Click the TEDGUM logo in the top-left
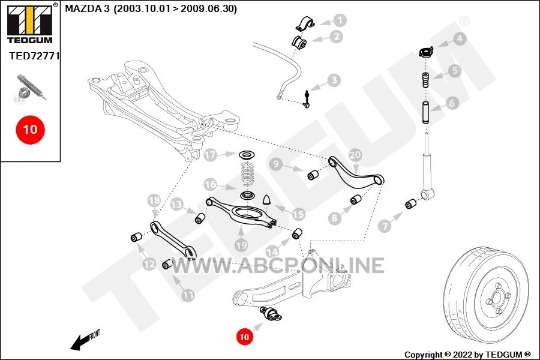point(30,24)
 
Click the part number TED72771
point(34,56)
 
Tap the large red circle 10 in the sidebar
point(31,130)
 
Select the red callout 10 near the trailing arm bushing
point(244,336)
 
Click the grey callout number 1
point(340,20)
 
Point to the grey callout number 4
point(459,39)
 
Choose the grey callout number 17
point(210,155)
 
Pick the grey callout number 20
point(355,155)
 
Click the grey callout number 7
point(385,226)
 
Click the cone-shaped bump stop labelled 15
point(268,200)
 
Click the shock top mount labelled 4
point(426,53)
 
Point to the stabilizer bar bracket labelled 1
point(305,23)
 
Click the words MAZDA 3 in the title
point(88,8)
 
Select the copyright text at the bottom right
point(467,355)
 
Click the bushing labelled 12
point(137,238)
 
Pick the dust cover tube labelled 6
point(426,112)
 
